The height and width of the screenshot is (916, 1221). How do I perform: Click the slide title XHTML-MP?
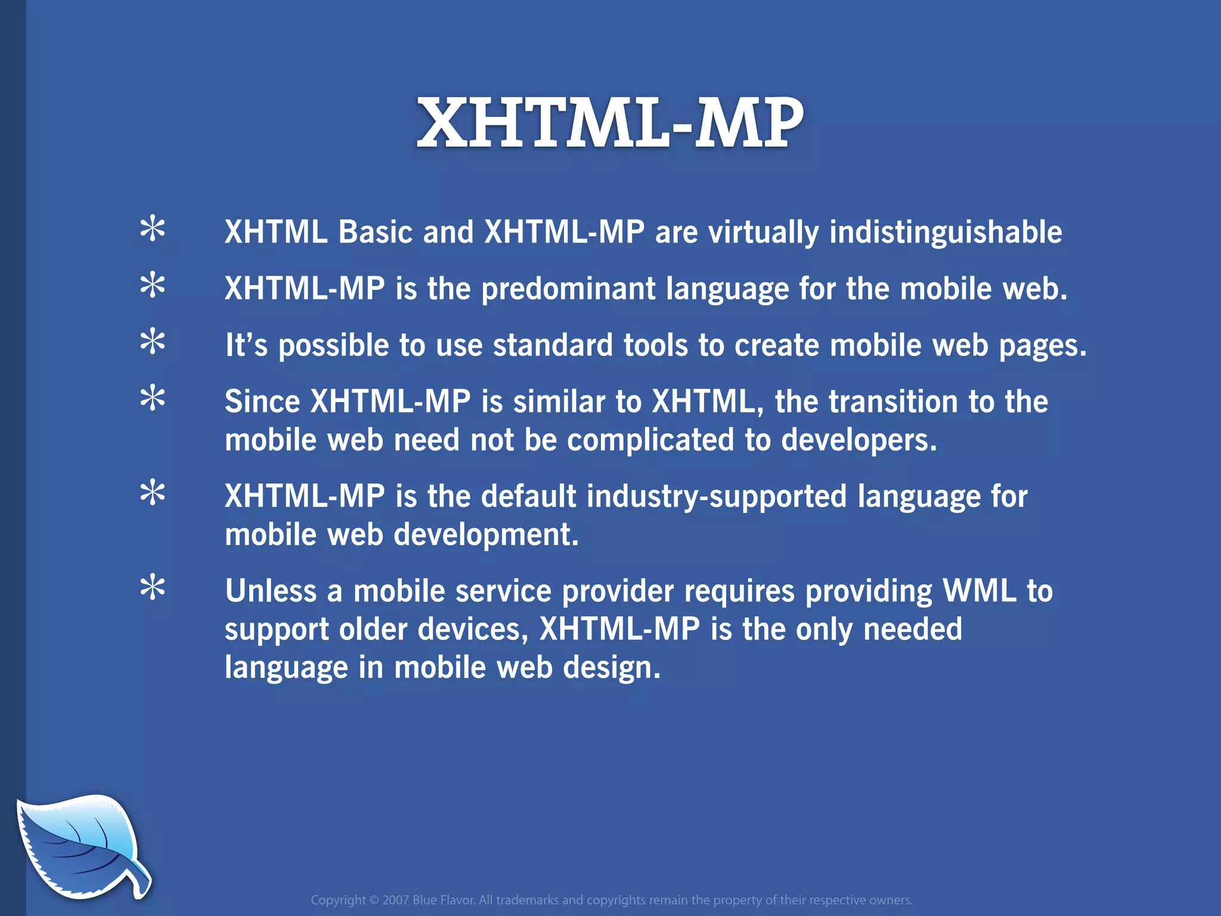click(x=610, y=124)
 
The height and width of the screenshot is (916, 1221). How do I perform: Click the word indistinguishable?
click(x=945, y=232)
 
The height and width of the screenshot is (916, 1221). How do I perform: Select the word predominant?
click(x=568, y=289)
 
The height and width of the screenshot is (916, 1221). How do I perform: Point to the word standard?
click(x=553, y=345)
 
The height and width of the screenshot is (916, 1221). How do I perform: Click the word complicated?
click(x=650, y=440)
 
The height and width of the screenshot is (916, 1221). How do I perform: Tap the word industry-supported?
click(x=716, y=497)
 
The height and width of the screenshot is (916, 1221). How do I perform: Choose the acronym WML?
click(x=979, y=591)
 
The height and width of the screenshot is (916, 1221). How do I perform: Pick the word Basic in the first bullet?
click(x=376, y=232)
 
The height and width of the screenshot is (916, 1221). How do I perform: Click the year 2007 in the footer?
click(x=395, y=900)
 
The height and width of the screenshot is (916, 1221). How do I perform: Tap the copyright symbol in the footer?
click(x=374, y=900)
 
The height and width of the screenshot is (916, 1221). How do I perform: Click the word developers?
click(x=859, y=440)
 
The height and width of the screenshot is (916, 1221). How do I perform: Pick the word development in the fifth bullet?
click(x=486, y=534)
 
